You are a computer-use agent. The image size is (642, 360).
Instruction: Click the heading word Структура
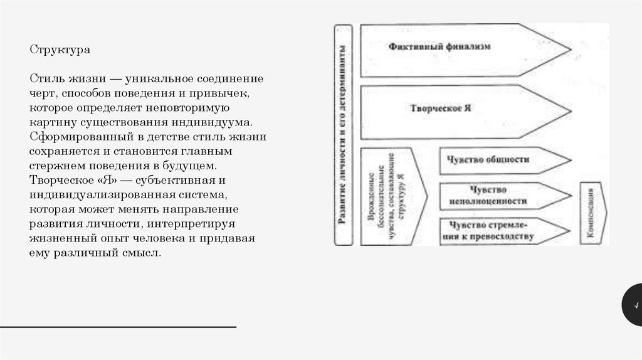click(60, 48)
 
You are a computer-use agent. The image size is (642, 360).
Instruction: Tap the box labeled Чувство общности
click(488, 159)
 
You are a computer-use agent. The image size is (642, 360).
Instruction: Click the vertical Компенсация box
click(591, 213)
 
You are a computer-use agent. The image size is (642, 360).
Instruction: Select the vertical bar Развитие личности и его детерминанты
click(344, 135)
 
